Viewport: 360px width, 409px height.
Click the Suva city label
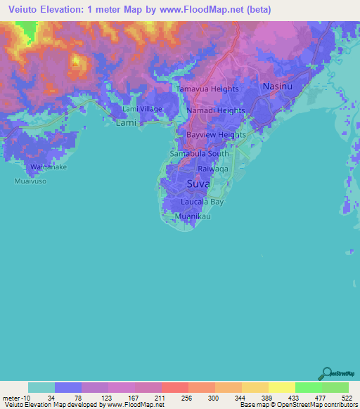[x=198, y=184]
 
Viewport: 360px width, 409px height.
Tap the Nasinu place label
[x=276, y=86]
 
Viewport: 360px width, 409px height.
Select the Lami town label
[x=126, y=122]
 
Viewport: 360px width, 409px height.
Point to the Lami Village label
[x=142, y=109]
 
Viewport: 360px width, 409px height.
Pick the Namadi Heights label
[x=216, y=111]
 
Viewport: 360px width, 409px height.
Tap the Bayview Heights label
[x=216, y=135]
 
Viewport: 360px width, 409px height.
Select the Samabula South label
[x=199, y=153]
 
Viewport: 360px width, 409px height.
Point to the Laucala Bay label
[x=202, y=202]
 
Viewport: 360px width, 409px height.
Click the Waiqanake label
[x=48, y=167]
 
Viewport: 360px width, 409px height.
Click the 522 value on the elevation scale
[x=347, y=397]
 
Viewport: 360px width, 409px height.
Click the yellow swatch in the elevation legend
[x=281, y=387]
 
